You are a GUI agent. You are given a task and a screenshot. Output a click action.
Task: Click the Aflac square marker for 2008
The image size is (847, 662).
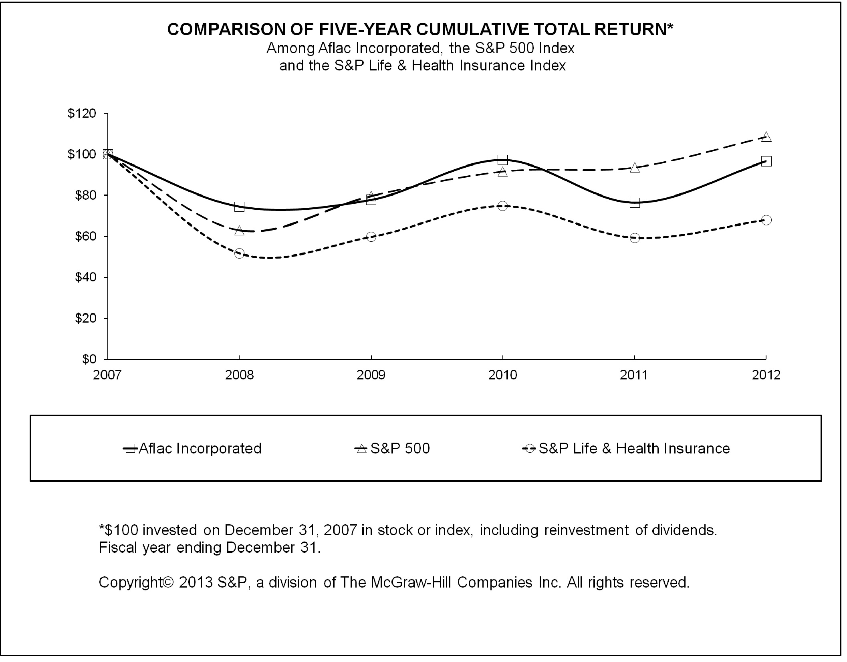click(239, 207)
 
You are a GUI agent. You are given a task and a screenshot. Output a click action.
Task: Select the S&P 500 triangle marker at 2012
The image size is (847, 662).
click(766, 137)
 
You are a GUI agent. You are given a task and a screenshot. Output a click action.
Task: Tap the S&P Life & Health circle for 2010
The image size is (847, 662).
click(502, 206)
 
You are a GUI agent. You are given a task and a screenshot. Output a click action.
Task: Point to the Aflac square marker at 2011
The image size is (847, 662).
click(635, 203)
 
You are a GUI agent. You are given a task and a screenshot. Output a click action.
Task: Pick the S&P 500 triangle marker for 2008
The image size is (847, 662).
click(239, 231)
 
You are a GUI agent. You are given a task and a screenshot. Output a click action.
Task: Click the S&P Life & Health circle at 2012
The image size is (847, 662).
click(766, 220)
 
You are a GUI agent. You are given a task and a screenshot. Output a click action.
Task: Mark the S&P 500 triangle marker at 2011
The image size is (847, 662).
click(635, 168)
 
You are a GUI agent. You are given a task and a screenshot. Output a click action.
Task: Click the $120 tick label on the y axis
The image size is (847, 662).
click(82, 114)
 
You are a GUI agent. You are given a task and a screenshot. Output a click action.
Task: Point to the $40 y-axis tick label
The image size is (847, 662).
click(85, 277)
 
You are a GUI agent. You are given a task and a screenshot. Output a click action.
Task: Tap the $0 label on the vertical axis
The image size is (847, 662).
click(89, 359)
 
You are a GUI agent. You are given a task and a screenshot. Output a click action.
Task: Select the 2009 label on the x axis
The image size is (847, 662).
click(371, 375)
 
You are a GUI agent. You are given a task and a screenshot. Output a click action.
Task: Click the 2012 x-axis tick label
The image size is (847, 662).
click(766, 375)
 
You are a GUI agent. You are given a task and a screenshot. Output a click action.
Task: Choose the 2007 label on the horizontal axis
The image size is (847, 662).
click(107, 375)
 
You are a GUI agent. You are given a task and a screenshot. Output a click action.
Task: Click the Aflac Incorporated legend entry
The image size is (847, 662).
click(192, 449)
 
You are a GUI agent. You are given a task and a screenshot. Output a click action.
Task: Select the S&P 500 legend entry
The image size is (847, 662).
click(393, 449)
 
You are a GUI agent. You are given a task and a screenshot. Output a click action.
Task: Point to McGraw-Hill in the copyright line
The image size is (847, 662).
click(412, 583)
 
